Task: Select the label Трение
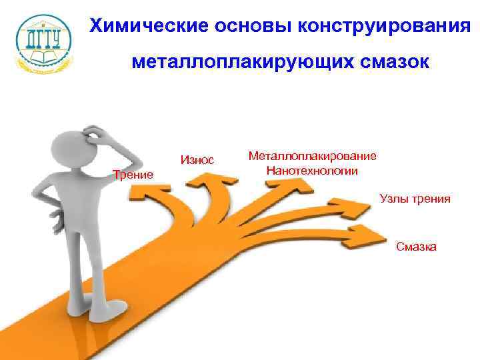tap(133, 175)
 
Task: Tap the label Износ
tap(197, 160)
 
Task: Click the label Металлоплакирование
tap(312, 156)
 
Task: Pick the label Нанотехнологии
tap(312, 171)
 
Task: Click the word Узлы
tap(393, 199)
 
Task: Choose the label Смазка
tap(417, 247)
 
